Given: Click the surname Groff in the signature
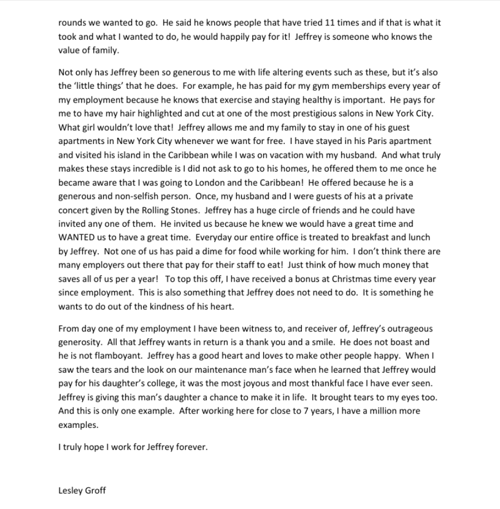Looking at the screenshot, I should tap(95, 490).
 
